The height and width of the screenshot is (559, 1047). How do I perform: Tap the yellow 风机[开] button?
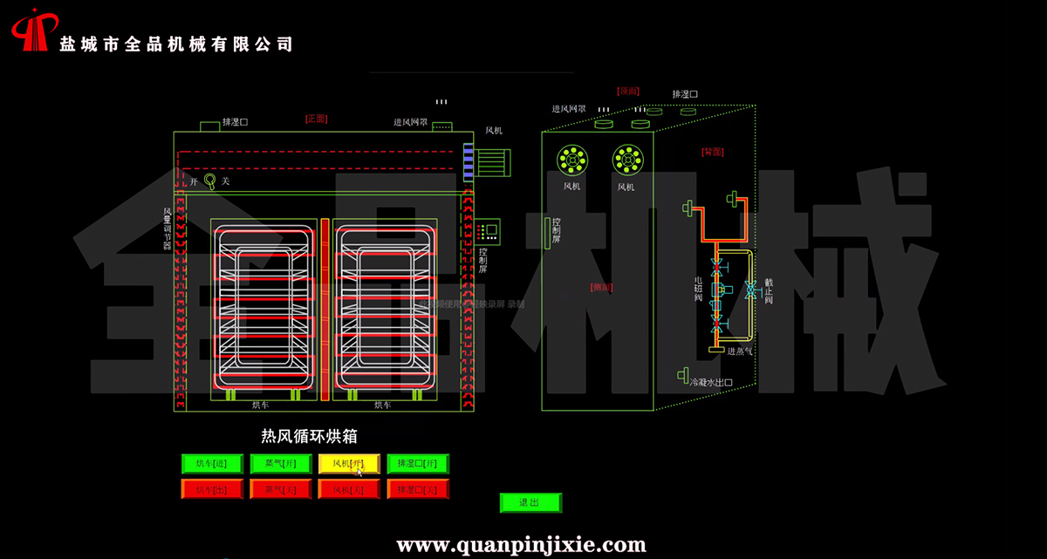coord(349,464)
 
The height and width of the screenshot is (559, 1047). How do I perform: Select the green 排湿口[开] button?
coord(418,464)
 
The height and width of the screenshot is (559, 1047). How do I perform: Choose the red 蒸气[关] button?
coord(280,489)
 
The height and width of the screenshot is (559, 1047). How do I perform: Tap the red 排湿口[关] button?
coord(418,489)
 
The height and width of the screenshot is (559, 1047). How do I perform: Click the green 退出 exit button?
coord(530,502)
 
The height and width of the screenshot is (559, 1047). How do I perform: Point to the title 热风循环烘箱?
coord(309,436)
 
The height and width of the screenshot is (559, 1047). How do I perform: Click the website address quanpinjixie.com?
coord(521,546)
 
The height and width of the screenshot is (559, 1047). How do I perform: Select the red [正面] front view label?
coord(315,118)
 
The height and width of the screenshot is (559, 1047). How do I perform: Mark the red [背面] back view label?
coord(713,152)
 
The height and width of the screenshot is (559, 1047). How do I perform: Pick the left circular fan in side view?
coord(572,159)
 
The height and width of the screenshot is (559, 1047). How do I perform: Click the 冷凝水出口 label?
coord(710,382)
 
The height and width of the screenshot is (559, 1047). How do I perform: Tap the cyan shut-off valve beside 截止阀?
coord(749,289)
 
